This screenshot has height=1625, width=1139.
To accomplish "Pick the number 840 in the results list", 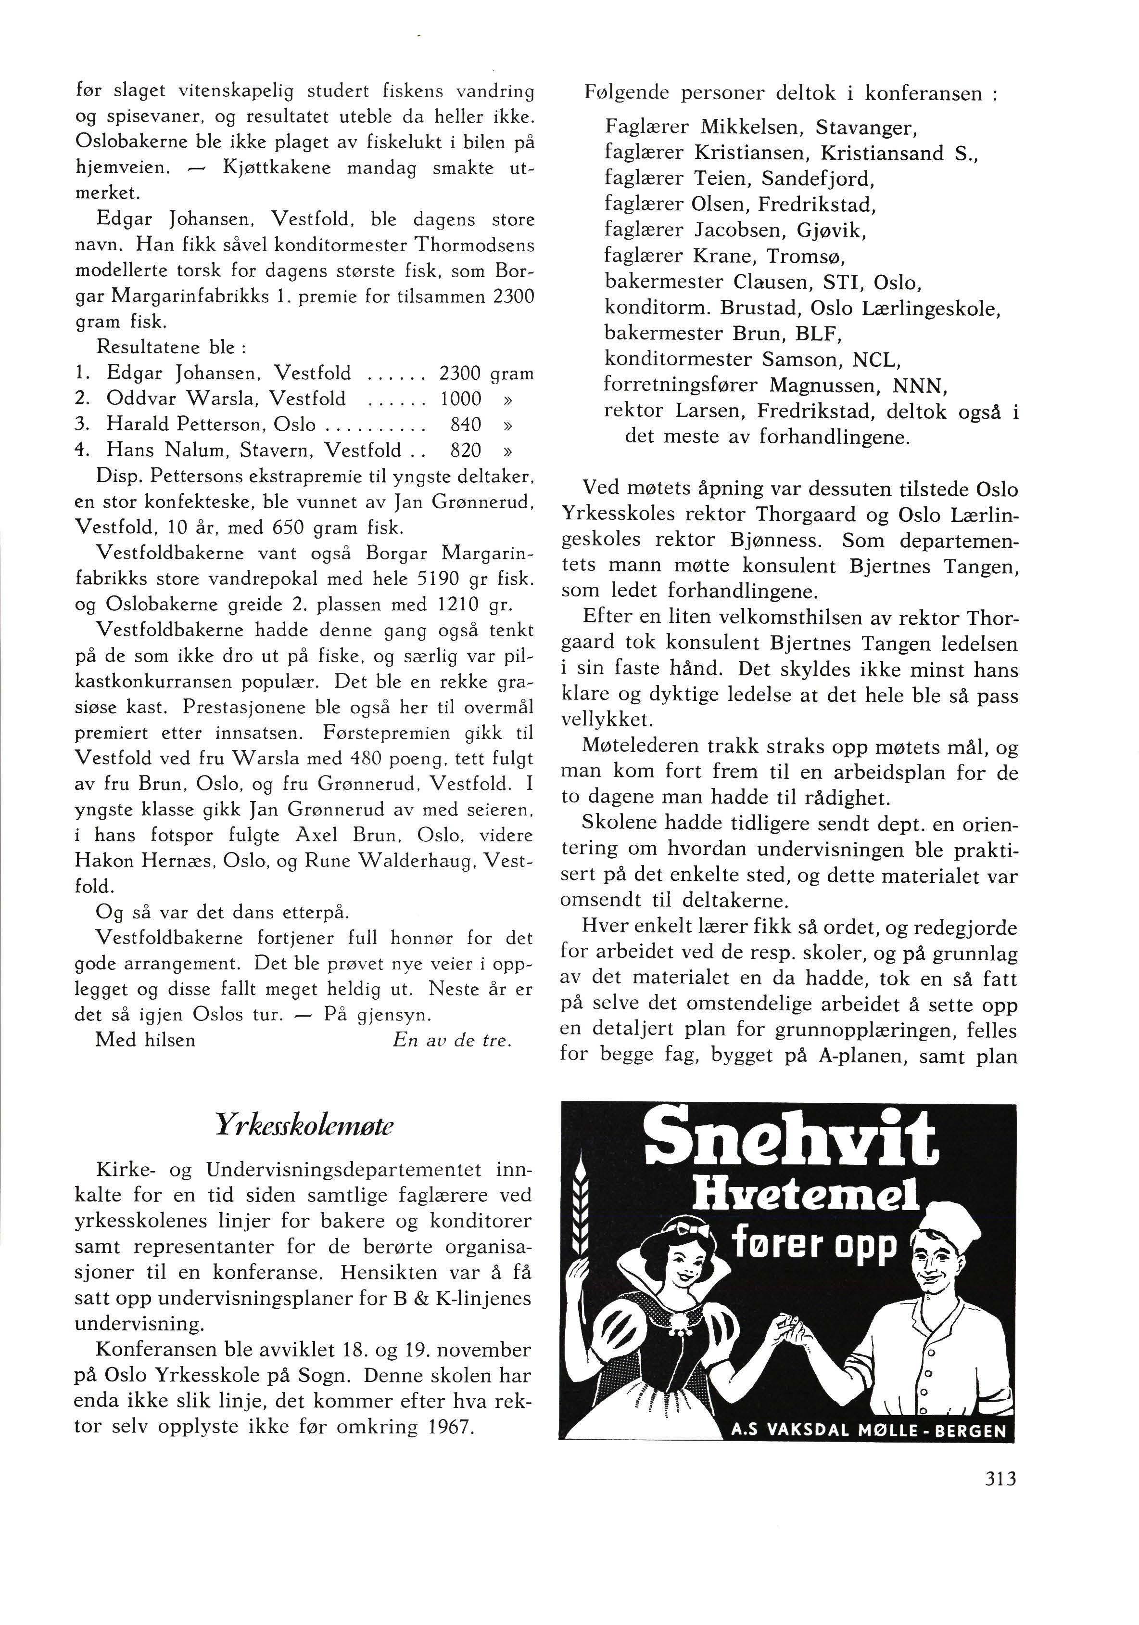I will point(466,425).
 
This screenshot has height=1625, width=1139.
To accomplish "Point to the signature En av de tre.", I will point(451,1040).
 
